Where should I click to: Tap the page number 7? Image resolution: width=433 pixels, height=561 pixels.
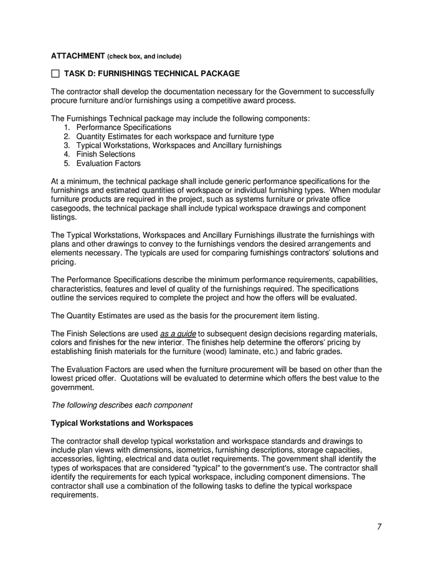tap(379, 527)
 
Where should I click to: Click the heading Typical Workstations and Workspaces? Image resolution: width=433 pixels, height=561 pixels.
tap(121, 423)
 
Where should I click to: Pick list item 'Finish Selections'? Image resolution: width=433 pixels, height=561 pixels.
tap(105, 154)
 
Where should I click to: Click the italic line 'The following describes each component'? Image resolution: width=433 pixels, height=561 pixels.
tap(121, 405)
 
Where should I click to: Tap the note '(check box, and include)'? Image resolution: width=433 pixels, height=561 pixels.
tap(145, 56)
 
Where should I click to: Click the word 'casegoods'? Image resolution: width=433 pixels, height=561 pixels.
tap(71, 208)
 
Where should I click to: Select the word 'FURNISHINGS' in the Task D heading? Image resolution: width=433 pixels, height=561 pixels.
tap(130, 74)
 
